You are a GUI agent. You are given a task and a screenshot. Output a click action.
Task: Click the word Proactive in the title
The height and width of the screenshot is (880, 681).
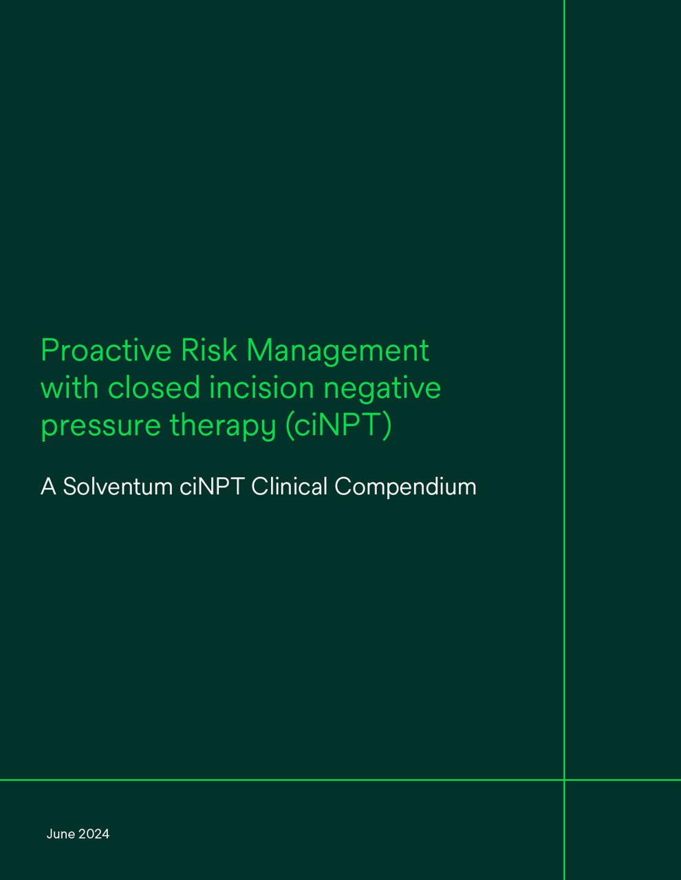106,351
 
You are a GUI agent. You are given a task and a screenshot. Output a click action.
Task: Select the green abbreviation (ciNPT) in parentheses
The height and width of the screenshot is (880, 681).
338,426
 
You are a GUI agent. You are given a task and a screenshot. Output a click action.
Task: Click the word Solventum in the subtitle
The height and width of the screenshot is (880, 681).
118,487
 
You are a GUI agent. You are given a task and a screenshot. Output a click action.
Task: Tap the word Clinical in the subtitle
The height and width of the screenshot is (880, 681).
290,487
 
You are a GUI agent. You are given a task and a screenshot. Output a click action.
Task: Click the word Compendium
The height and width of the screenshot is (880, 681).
405,487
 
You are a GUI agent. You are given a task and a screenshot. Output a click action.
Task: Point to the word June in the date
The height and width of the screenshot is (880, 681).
61,834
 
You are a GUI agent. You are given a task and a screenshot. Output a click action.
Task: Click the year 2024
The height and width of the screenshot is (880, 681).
94,834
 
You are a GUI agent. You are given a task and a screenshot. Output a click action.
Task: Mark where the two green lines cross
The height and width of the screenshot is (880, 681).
564,780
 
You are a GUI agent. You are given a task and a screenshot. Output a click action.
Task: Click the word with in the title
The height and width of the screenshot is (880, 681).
69,388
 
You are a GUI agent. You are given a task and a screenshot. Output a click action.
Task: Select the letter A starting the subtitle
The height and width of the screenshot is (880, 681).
48,487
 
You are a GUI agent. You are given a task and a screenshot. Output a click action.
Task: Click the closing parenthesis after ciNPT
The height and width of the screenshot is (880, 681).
387,426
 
